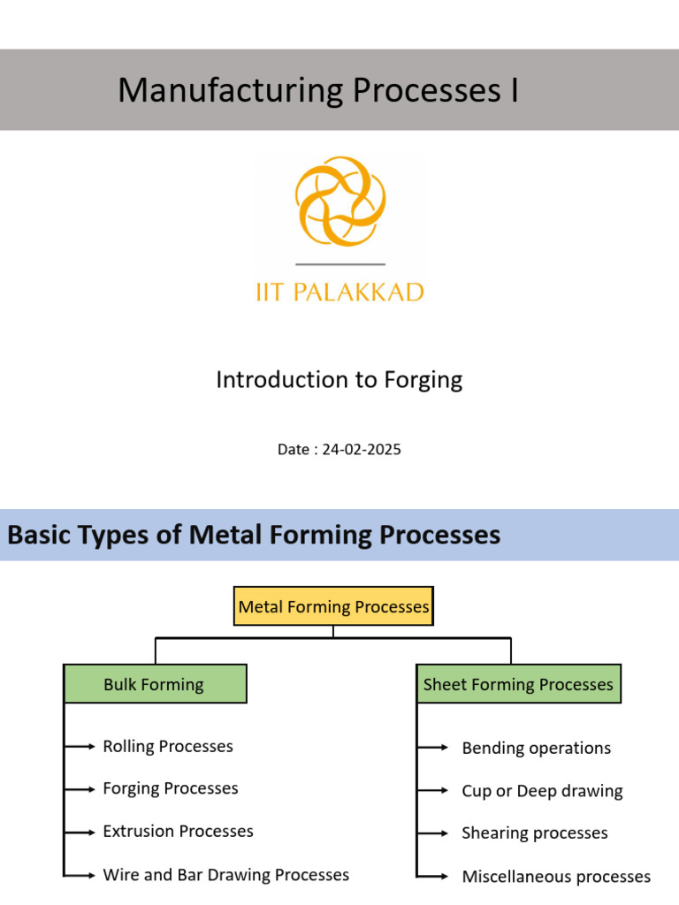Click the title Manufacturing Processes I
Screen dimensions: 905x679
point(318,90)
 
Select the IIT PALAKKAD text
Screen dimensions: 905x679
point(340,292)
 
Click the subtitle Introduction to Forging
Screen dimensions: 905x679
point(339,380)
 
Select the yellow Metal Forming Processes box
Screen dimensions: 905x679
point(333,606)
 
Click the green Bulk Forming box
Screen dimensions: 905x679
point(155,684)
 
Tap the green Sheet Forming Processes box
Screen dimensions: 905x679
point(518,684)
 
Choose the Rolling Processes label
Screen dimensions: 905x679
point(168,746)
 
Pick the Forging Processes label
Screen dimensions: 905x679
point(171,788)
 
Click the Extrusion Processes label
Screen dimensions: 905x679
point(178,831)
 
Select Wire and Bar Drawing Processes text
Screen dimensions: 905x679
point(225,874)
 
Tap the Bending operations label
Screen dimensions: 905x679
point(536,748)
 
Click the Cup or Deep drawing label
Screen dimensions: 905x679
point(542,791)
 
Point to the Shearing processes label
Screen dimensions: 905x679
point(535,833)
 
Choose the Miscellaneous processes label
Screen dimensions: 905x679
point(556,877)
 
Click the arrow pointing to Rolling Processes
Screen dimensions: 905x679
point(81,747)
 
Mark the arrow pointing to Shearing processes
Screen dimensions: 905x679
point(433,833)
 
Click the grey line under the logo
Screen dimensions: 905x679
point(340,264)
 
